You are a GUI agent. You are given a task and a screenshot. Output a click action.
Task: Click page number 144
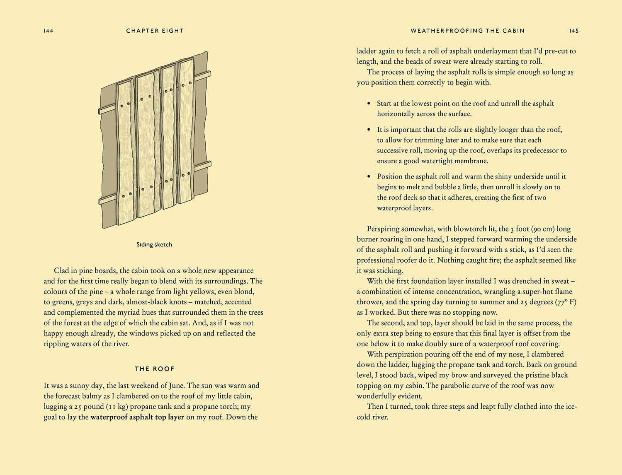point(49,31)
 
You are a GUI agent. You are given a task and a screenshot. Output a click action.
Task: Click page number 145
point(574,31)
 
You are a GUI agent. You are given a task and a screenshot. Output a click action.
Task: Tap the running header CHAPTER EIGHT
point(155,31)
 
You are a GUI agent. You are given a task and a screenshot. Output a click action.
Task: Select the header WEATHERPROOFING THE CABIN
point(467,31)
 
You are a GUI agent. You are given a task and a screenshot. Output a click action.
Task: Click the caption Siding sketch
point(154,245)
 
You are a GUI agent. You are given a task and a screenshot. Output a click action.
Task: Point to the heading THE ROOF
point(155,369)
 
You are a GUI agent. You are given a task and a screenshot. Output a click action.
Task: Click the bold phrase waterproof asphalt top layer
point(137,417)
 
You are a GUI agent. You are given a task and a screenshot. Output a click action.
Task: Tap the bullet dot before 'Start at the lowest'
point(369,103)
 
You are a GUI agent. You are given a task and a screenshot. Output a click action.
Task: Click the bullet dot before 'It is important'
point(369,129)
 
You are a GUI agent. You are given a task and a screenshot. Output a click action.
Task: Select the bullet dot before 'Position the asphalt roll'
point(369,176)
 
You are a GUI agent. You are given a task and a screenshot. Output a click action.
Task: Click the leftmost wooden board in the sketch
point(126,153)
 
